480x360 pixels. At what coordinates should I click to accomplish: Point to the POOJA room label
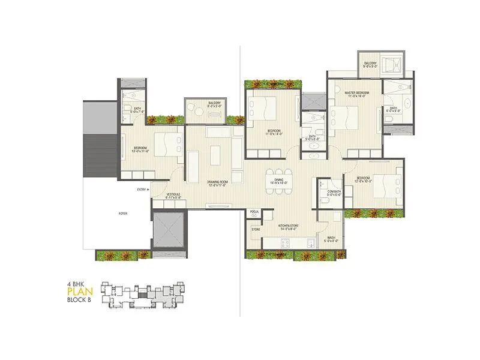click(x=255, y=212)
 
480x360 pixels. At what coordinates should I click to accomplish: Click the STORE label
click(x=256, y=229)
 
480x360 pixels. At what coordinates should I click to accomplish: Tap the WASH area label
click(x=331, y=239)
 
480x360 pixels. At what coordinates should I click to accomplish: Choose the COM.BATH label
click(x=333, y=192)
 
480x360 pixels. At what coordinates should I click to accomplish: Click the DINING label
click(x=278, y=181)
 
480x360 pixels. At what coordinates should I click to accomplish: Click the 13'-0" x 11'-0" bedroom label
click(x=141, y=148)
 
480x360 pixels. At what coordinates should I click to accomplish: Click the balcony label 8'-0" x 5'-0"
click(x=214, y=105)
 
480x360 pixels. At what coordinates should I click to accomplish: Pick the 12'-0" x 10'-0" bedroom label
click(x=362, y=181)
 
